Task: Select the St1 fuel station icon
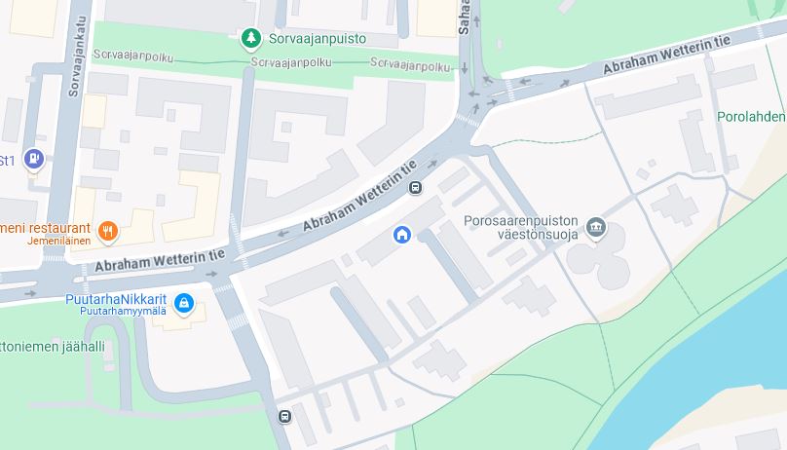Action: [35, 158]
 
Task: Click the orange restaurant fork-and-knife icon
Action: [108, 232]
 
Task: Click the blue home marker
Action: [401, 235]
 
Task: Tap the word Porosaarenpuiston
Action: [522, 220]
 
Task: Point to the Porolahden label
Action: [751, 116]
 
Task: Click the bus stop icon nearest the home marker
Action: [415, 188]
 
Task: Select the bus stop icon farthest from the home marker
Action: [284, 417]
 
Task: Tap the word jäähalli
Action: [81, 345]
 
